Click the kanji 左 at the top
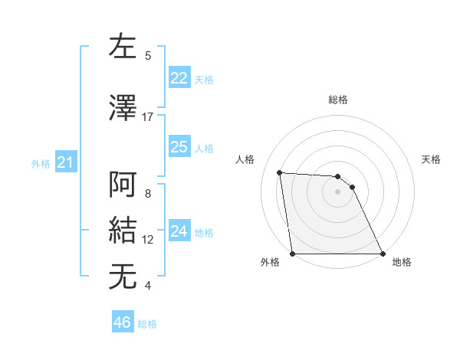[124, 48]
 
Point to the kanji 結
[124, 230]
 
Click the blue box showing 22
[179, 78]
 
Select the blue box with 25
[179, 147]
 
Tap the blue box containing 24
[179, 231]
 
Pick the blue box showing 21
[65, 162]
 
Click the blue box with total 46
[122, 322]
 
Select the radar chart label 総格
[337, 100]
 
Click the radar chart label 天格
[431, 159]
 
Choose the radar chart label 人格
[245, 159]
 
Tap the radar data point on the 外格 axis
[292, 254]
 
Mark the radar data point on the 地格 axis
[383, 254]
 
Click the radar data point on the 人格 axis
[279, 172]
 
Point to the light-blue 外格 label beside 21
[41, 163]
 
